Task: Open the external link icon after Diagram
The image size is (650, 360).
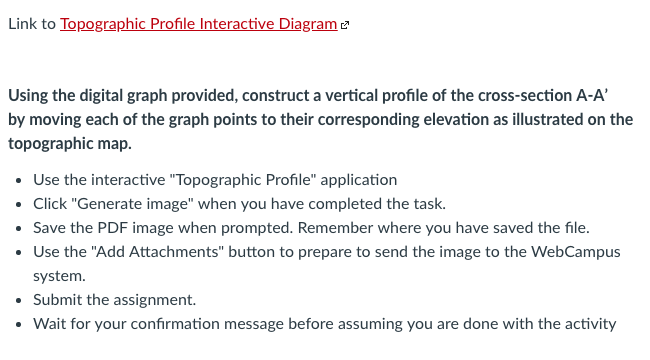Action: [x=345, y=25]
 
